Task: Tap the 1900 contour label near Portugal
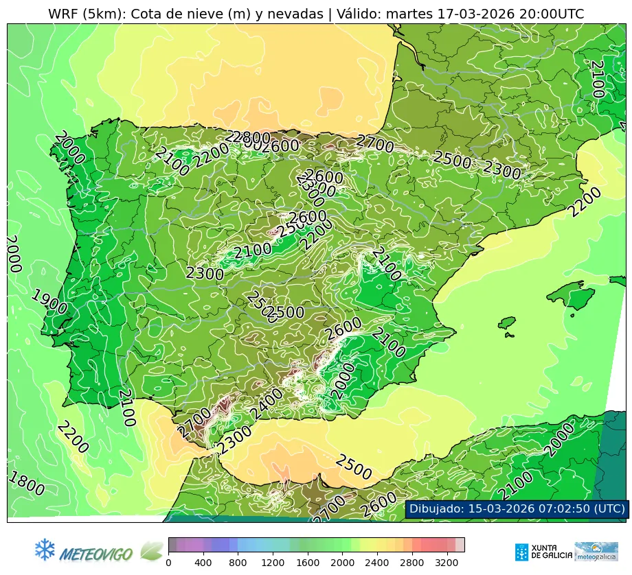coord(49,302)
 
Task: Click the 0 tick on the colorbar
coord(168,563)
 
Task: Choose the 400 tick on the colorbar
coord(203,563)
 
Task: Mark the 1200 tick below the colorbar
coord(273,563)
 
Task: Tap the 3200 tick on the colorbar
coord(447,563)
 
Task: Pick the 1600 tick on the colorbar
coord(308,563)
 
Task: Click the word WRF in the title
coord(63,14)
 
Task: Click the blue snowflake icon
coord(45,549)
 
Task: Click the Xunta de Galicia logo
coord(543,552)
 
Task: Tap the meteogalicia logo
coord(596,552)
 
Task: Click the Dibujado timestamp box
coord(517,508)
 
